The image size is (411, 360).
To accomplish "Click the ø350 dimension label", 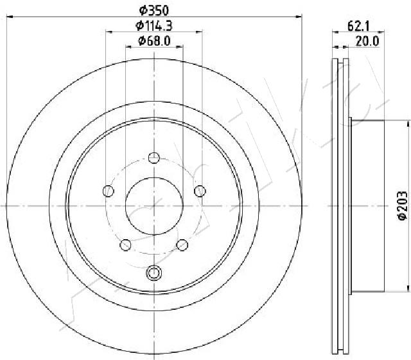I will tap(154, 10).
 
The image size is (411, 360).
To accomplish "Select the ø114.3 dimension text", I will tap(154, 26).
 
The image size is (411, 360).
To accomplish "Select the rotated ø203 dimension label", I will tap(402, 206).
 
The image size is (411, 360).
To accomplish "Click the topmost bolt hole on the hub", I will tap(153, 157).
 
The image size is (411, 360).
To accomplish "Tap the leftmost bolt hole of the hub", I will tap(108, 190).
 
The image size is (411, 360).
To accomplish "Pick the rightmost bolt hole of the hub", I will tap(200, 190).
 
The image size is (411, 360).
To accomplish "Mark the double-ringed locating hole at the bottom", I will tap(153, 273).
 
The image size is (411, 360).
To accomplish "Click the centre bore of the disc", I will tap(153, 206).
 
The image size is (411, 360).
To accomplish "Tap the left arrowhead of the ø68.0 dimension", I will tap(127, 47).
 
